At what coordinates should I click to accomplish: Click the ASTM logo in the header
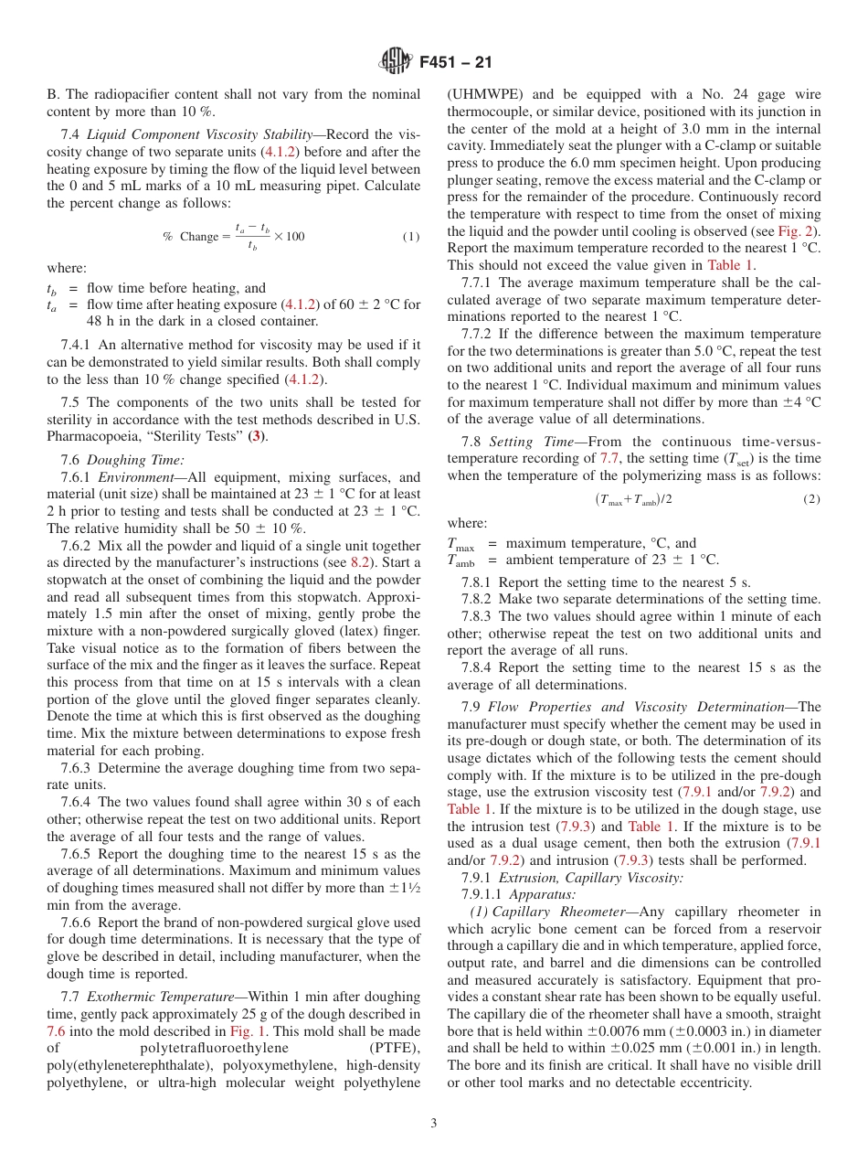click(x=396, y=61)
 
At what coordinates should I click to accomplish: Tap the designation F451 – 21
click(x=456, y=62)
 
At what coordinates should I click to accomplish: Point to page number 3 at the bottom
click(x=434, y=1123)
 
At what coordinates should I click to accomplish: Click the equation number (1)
click(x=410, y=237)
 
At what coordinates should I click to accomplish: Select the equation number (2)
click(x=811, y=499)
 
